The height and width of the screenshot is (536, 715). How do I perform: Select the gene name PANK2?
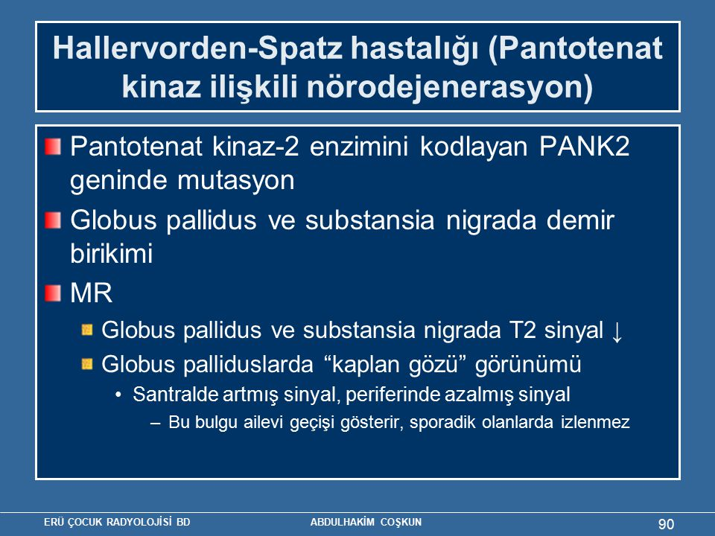[x=585, y=147]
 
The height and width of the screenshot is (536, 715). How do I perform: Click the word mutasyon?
[x=236, y=180]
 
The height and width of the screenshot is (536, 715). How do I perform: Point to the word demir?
[x=580, y=220]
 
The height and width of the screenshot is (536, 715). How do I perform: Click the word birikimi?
[x=111, y=253]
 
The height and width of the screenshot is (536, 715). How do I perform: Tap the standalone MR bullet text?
[x=91, y=293]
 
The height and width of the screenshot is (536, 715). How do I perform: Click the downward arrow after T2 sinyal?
[x=617, y=331]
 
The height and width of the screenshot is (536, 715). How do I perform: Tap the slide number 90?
[x=666, y=524]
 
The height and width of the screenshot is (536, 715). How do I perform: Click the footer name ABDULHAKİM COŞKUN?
[x=366, y=523]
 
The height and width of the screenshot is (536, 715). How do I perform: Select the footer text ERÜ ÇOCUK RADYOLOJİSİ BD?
[x=117, y=523]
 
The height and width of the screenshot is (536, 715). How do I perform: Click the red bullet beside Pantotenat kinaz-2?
[x=53, y=147]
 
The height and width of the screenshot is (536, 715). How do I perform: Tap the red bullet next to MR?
[x=53, y=293]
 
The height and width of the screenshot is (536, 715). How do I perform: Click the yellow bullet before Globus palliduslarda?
[x=87, y=364]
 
